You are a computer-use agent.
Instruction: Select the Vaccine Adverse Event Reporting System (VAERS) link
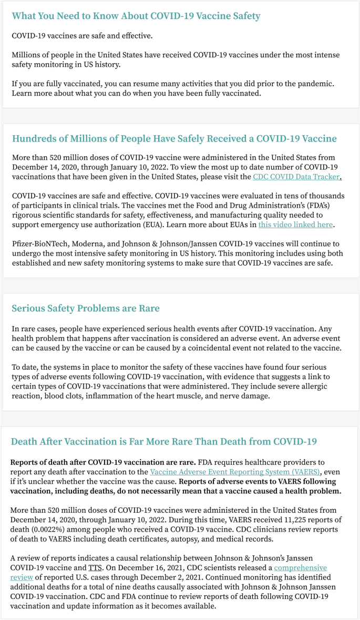click(235, 472)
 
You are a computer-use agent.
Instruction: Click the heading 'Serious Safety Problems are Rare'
click(86, 308)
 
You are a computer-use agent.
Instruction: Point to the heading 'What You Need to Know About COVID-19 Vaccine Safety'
click(136, 16)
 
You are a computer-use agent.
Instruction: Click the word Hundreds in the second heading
click(37, 139)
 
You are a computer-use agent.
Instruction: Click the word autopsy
click(197, 539)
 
